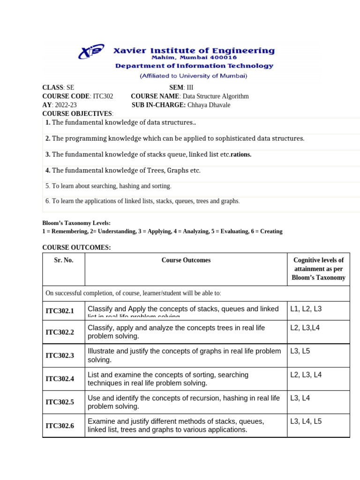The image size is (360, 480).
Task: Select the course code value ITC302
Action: pyautogui.click(x=103, y=96)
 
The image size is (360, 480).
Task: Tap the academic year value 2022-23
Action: pyautogui.click(x=66, y=105)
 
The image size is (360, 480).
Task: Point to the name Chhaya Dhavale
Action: pyautogui.click(x=209, y=105)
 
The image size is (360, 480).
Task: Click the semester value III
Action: pyautogui.click(x=190, y=88)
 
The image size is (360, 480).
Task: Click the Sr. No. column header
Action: pyautogui.click(x=64, y=260)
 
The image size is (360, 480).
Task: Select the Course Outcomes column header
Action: pyautogui.click(x=186, y=260)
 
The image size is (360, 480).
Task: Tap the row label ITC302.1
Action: pyautogui.click(x=60, y=311)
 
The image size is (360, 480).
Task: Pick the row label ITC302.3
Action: pyautogui.click(x=60, y=356)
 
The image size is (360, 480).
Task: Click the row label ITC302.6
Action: pyautogui.click(x=60, y=426)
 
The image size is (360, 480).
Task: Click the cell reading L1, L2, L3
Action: pyautogui.click(x=306, y=309)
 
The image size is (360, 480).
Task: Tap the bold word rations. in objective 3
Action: pyautogui.click(x=241, y=155)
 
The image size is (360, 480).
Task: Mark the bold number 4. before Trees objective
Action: pyautogui.click(x=48, y=171)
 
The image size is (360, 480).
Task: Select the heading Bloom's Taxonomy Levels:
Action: pyautogui.click(x=76, y=223)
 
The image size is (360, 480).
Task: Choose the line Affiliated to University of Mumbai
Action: pyautogui.click(x=194, y=75)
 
